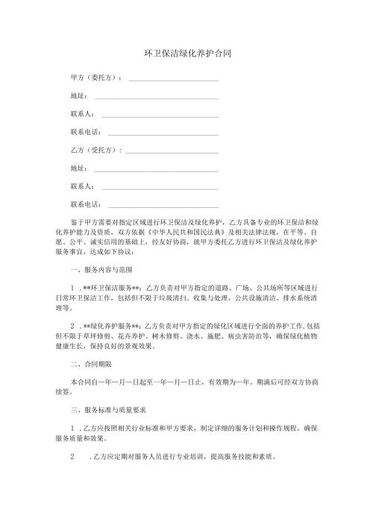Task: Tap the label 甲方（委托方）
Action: pyautogui.click(x=96, y=78)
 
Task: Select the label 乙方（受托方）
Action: pyautogui.click(x=96, y=150)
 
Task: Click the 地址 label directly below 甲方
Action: pyautogui.click(x=78, y=95)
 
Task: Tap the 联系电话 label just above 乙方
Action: pyautogui.click(x=85, y=132)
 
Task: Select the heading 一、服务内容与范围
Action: pyautogui.click(x=101, y=268)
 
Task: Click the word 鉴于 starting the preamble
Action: pyautogui.click(x=78, y=222)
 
